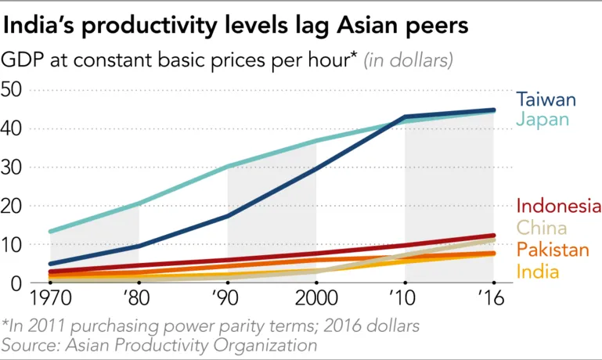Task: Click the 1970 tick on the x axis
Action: pyautogui.click(x=50, y=298)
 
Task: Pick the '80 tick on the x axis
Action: pyautogui.click(x=139, y=298)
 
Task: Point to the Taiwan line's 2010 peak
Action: pyautogui.click(x=405, y=117)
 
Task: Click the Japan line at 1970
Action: pyautogui.click(x=50, y=232)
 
